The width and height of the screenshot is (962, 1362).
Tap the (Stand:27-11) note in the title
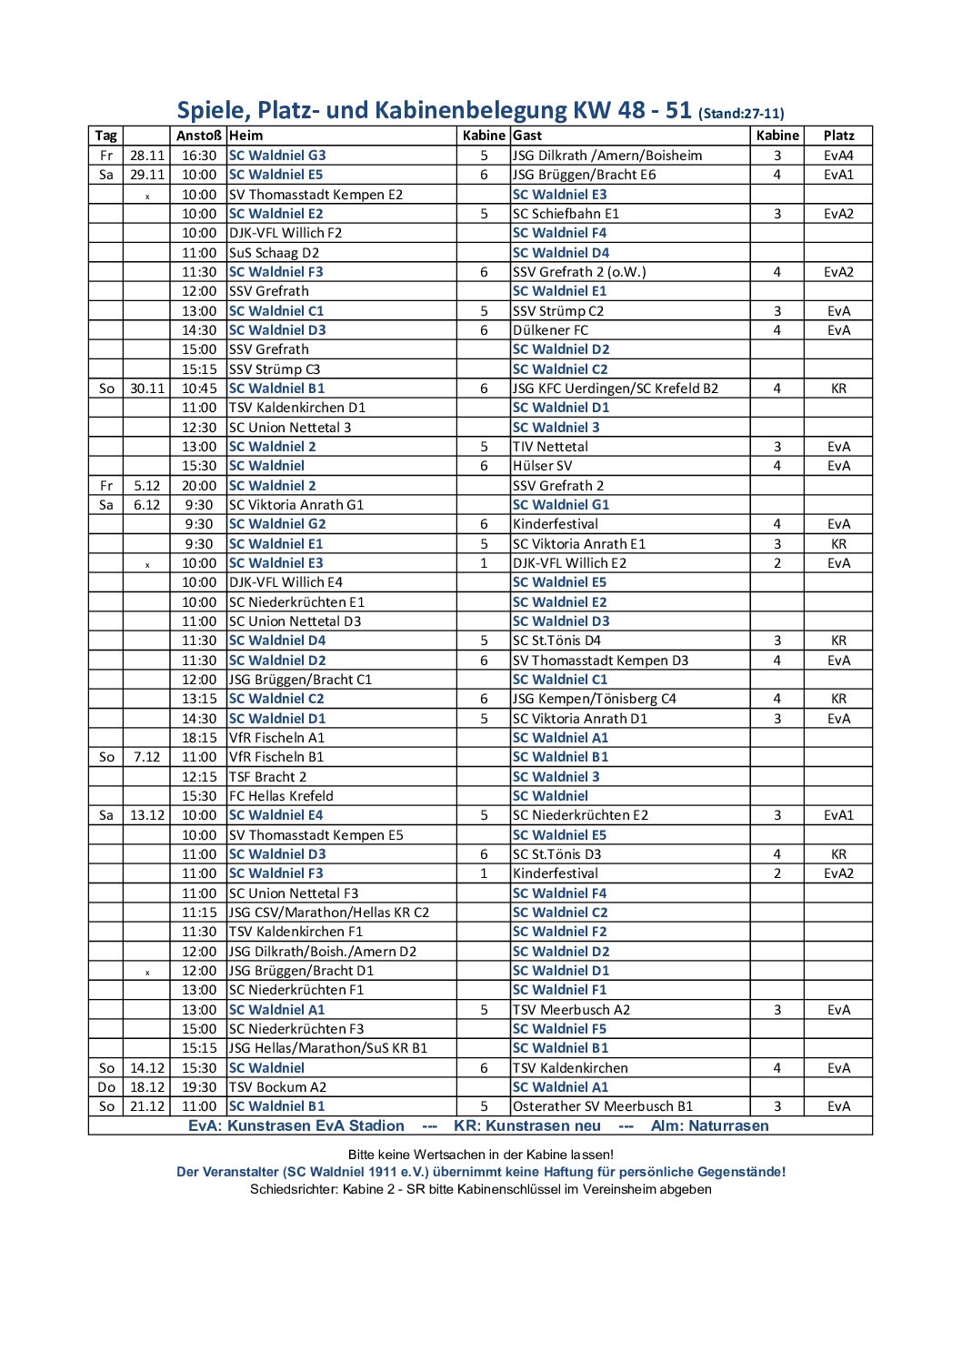click(x=741, y=114)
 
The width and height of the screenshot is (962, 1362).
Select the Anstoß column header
click(x=199, y=136)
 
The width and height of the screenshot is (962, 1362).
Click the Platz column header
click(x=838, y=136)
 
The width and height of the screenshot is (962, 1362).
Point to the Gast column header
click(x=527, y=136)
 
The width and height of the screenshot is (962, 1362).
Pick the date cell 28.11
click(x=147, y=156)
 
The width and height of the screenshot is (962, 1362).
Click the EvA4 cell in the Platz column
click(x=838, y=156)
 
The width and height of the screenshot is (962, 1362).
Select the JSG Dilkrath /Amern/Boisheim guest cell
click(x=607, y=156)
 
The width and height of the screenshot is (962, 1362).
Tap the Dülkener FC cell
click(x=550, y=330)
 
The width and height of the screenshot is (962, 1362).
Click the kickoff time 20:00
click(x=199, y=486)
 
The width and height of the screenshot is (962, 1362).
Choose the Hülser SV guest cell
click(x=543, y=466)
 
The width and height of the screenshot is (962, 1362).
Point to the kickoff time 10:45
click(x=199, y=388)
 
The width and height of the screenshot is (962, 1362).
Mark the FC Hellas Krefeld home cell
click(x=281, y=796)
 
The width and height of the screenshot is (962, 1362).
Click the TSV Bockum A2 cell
click(x=277, y=1087)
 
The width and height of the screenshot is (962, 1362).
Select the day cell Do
click(x=106, y=1087)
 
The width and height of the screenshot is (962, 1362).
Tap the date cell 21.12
click(x=147, y=1106)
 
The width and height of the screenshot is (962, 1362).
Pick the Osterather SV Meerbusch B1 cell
click(x=603, y=1106)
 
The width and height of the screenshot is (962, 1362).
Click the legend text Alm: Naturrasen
click(x=709, y=1126)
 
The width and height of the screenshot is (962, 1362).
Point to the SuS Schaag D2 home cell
click(x=274, y=253)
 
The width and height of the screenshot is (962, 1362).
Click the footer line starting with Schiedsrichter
click(x=480, y=1189)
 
